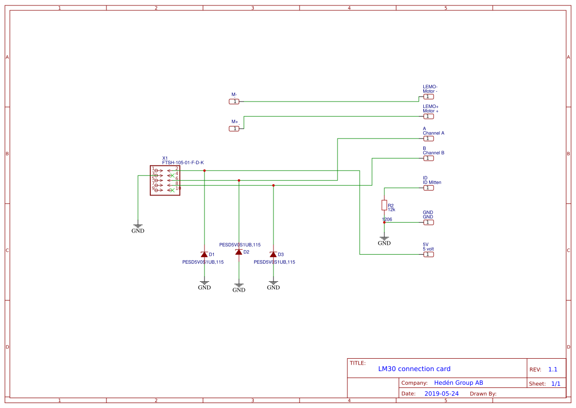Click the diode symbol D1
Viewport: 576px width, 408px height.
204,254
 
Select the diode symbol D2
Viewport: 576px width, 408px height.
239,252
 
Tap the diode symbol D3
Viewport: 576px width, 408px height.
273,254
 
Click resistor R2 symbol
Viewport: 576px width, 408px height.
384,205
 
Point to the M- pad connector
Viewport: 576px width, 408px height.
234,102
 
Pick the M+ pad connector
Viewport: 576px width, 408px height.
234,129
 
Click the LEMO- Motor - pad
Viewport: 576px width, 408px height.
429,97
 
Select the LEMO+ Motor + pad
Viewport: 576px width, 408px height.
429,116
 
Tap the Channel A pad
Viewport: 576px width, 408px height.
429,138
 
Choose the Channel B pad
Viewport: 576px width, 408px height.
429,158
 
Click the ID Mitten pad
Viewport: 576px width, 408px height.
429,188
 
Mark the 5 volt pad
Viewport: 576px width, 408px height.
429,254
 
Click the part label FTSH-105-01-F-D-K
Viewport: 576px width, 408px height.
183,163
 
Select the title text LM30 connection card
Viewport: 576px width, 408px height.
414,369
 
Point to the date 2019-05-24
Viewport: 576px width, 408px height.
441,394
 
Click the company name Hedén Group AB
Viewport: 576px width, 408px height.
458,383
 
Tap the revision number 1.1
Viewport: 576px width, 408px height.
552,369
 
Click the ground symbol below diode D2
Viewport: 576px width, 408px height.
239,287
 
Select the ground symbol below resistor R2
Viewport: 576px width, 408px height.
384,240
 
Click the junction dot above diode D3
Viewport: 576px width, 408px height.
273,185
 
